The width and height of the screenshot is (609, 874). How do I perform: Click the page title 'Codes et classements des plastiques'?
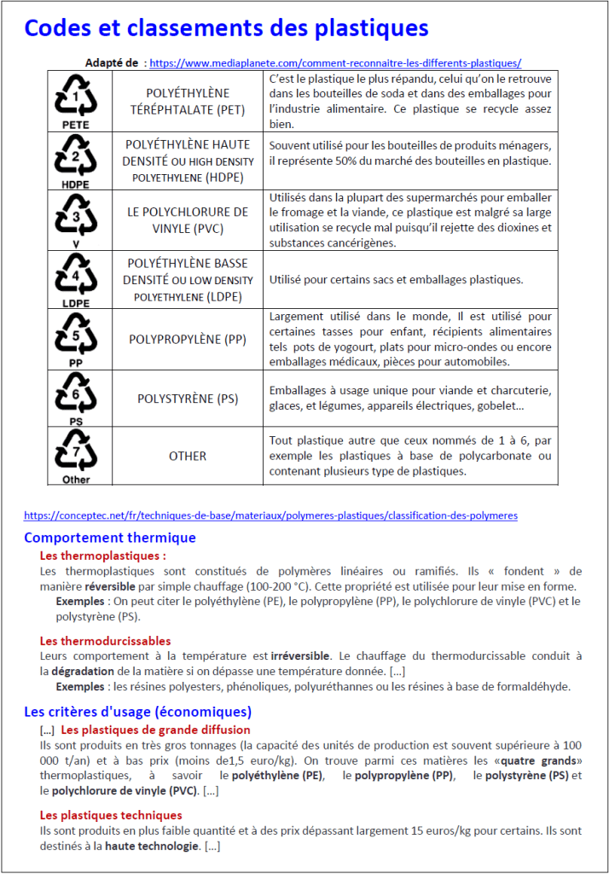[x=226, y=29]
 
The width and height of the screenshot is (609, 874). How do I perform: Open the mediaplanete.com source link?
[x=335, y=62]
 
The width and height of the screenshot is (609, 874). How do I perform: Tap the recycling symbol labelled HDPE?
[x=76, y=160]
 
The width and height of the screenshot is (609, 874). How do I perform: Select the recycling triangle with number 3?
[x=76, y=219]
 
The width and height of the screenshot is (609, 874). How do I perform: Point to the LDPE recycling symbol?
[x=76, y=279]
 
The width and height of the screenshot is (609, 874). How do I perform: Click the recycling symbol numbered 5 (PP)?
[x=76, y=338]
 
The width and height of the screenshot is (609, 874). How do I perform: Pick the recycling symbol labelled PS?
[x=76, y=398]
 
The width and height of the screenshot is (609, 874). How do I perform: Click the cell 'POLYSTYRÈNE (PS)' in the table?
[x=188, y=399]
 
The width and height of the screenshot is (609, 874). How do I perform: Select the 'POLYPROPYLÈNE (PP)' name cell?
[x=188, y=339]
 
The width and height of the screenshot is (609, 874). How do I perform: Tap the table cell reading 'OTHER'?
[x=188, y=456]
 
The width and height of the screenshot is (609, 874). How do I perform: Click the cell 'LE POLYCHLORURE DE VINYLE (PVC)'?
[x=188, y=219]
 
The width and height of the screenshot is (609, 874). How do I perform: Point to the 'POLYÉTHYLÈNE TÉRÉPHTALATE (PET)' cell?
[x=188, y=101]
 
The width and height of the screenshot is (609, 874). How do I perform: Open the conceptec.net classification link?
[x=270, y=516]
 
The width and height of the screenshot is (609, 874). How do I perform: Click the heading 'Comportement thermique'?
[x=110, y=538]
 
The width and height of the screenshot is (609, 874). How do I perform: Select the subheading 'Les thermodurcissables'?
[x=105, y=640]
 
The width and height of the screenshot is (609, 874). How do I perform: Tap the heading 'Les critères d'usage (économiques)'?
[x=137, y=711]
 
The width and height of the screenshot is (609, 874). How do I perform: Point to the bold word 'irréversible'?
[x=300, y=655]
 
